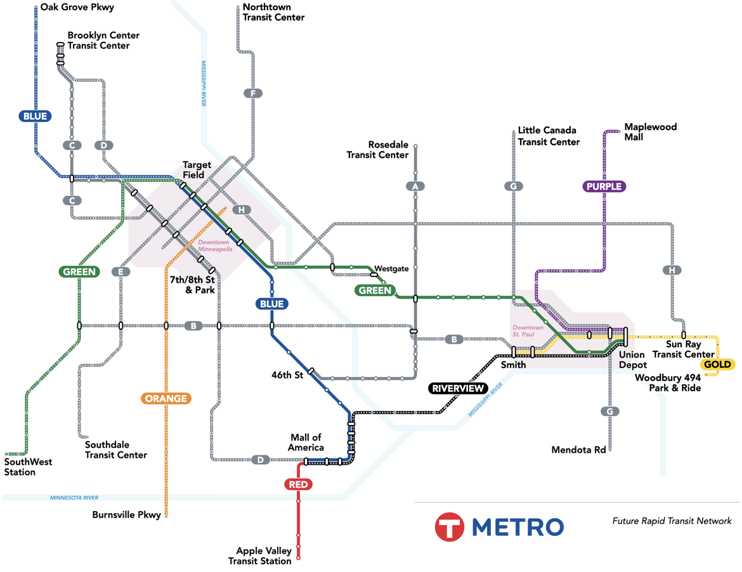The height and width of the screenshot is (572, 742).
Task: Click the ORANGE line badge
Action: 166,398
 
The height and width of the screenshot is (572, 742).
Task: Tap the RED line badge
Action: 298,484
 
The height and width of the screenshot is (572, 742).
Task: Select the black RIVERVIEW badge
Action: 458,389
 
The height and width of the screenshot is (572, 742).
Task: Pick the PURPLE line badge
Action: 604,186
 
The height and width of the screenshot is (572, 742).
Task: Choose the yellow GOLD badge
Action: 717,364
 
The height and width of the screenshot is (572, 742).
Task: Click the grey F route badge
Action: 253,93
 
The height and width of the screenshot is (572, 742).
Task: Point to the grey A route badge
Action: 415,186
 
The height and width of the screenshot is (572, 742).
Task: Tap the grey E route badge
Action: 120,271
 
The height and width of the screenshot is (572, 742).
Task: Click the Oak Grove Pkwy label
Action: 77,7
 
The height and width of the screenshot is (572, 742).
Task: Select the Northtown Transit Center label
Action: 273,12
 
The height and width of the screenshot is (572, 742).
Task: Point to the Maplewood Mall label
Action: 651,132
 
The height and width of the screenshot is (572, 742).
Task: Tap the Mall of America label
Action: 306,443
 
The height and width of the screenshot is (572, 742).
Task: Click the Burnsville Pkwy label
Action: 126,515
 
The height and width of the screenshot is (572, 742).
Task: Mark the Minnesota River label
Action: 74,498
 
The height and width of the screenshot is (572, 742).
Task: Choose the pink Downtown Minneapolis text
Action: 216,245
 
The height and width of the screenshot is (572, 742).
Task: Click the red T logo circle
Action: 450,526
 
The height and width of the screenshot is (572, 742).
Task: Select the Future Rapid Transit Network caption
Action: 672,521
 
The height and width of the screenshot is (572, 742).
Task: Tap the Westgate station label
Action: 391,269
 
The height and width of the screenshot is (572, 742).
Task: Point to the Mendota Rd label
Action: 579,450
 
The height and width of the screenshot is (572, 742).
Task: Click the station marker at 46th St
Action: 311,371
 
